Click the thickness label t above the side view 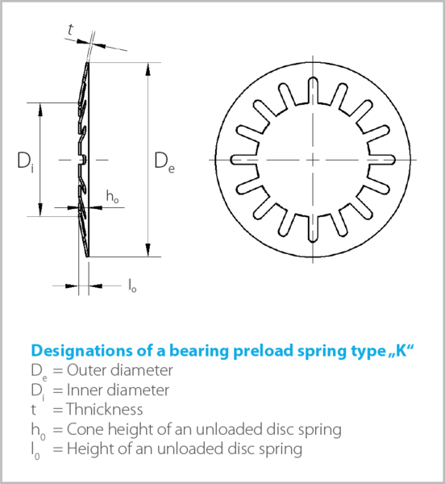[71, 30]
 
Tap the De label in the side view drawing [164, 163]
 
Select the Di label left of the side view [26, 163]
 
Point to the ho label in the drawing [112, 197]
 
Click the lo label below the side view [132, 286]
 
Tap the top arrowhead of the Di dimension [40, 109]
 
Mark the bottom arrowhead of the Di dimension [40, 210]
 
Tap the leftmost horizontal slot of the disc [244, 160]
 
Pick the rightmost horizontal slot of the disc [381, 160]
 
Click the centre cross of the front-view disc [313, 160]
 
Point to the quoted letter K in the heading [401, 350]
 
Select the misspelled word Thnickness [105, 409]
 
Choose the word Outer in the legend [86, 370]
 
